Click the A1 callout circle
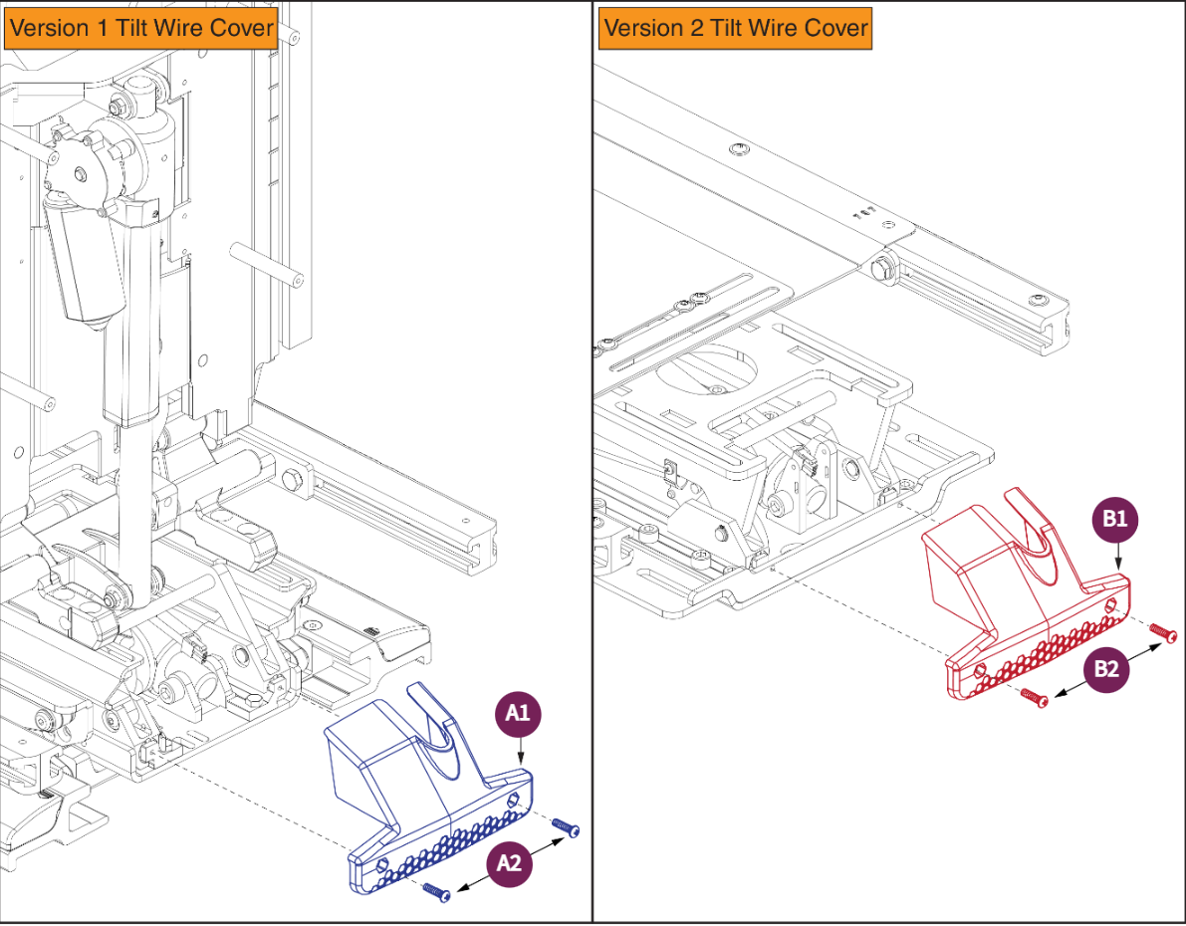pyautogui.click(x=518, y=713)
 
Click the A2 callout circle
pyautogui.click(x=509, y=862)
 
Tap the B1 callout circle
pyautogui.click(x=1115, y=519)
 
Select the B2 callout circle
pyautogui.click(x=1106, y=669)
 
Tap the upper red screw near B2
pyautogui.click(x=1162, y=631)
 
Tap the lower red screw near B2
pyautogui.click(x=1034, y=697)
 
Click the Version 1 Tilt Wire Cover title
pyautogui.click(x=141, y=29)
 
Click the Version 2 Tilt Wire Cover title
pyautogui.click(x=736, y=29)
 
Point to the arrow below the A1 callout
pyautogui.click(x=520, y=752)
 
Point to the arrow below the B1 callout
pyautogui.click(x=1118, y=559)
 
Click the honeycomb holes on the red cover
pyautogui.click(x=1051, y=650)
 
